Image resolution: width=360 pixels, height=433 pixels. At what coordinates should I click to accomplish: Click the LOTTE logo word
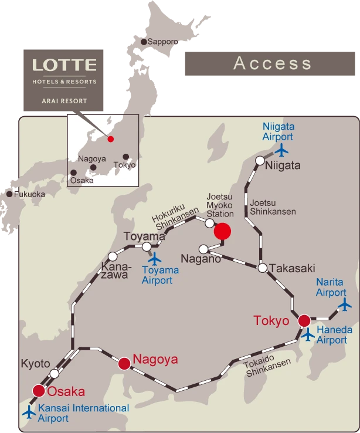(x=64, y=65)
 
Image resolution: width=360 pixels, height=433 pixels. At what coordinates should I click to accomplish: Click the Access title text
(x=272, y=63)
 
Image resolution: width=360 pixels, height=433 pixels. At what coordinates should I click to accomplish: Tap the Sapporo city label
(x=162, y=42)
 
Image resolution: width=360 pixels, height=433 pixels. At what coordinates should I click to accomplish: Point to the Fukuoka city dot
(x=9, y=194)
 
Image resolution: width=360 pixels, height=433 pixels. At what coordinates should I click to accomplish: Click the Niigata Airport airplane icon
(x=282, y=150)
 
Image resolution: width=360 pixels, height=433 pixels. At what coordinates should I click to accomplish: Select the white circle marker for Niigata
(x=260, y=160)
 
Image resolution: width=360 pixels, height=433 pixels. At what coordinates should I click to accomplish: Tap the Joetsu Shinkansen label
(x=273, y=207)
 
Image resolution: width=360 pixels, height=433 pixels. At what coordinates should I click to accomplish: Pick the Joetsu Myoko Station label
(x=220, y=205)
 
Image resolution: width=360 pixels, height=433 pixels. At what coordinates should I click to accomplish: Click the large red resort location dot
(x=222, y=231)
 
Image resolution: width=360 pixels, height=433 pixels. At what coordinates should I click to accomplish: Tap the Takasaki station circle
(x=263, y=268)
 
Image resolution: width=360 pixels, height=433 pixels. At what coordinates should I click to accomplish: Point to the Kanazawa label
(x=115, y=270)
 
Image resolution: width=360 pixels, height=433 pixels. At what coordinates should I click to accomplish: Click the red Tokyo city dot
(x=304, y=320)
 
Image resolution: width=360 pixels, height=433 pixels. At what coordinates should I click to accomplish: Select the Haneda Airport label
(x=334, y=335)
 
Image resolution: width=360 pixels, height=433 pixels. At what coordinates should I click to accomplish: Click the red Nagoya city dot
(x=124, y=364)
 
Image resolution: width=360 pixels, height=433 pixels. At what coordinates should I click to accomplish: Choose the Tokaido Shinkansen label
(x=267, y=367)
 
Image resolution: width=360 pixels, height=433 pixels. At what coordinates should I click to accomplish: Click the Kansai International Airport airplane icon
(x=29, y=412)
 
